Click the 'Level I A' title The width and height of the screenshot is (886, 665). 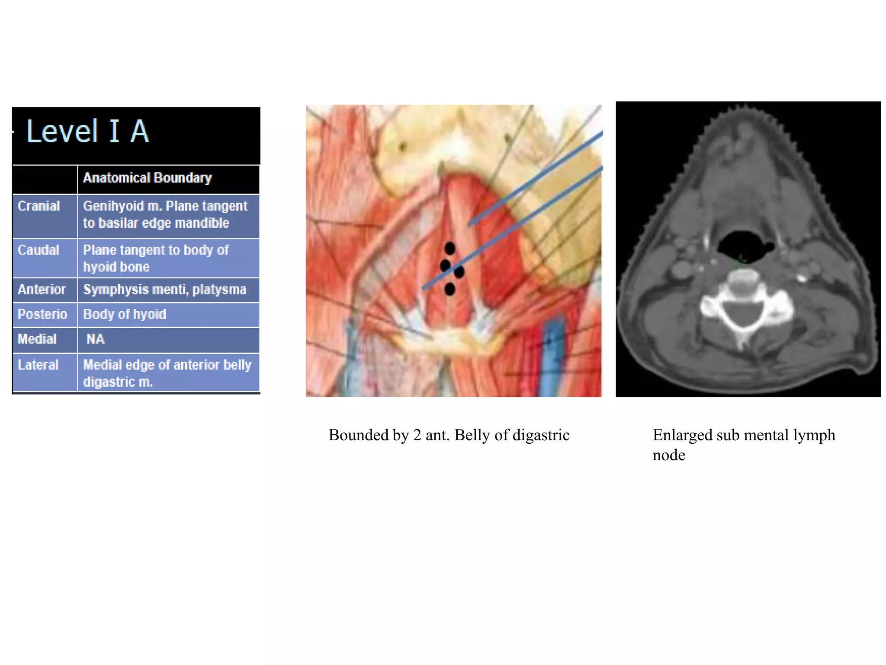coord(88,131)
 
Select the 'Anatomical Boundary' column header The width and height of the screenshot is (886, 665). coord(147,178)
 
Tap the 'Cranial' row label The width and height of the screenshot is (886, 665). coord(39,206)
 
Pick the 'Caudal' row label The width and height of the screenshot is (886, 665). coord(38,250)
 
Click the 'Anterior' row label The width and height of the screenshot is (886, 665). coord(42,289)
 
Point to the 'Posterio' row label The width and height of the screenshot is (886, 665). coord(42,314)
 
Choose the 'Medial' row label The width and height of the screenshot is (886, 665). coord(37,339)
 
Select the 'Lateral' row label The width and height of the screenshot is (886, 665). coord(38,365)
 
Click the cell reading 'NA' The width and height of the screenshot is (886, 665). coord(95,339)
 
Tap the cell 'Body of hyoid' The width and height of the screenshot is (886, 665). coord(125,314)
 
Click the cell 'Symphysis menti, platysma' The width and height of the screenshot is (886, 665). coord(164,289)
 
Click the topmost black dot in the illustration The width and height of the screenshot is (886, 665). coord(450,249)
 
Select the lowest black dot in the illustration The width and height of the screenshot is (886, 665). coord(450,289)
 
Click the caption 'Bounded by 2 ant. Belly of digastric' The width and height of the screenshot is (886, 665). coord(449,435)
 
